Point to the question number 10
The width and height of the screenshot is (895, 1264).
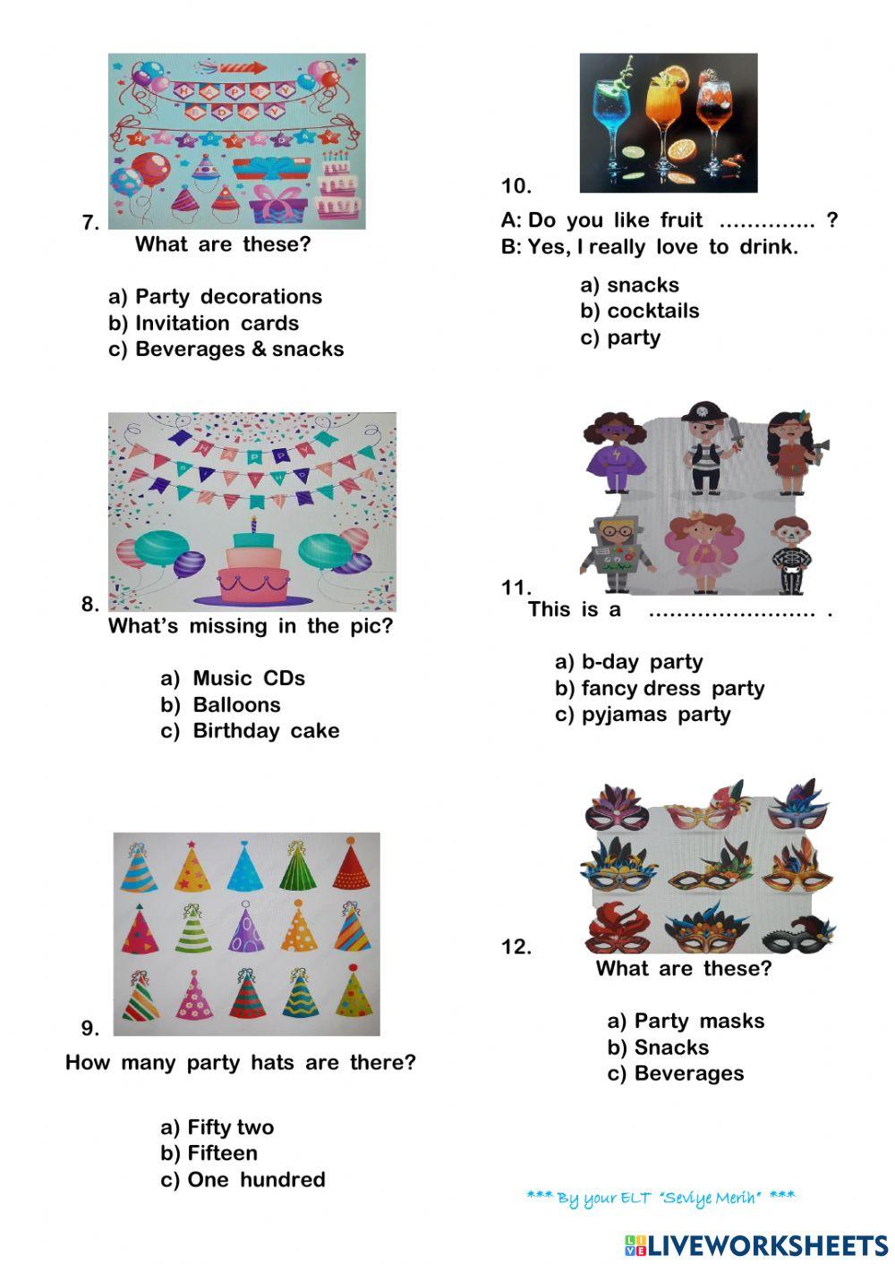pyautogui.click(x=516, y=186)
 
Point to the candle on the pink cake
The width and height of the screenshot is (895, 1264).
pyautogui.click(x=253, y=525)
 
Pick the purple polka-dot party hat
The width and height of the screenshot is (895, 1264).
pyautogui.click(x=245, y=928)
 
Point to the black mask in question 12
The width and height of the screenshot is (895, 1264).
pyautogui.click(x=797, y=937)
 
